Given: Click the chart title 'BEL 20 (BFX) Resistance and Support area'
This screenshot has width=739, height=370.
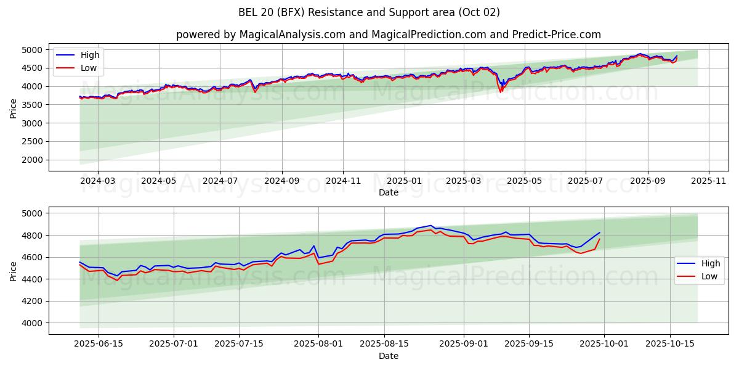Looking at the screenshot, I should coord(369,12).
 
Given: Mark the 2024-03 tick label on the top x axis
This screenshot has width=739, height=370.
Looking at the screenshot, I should coord(99,181).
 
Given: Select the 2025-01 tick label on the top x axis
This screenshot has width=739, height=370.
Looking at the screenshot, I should coord(405,181).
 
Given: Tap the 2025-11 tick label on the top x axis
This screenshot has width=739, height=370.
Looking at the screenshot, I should coord(709,181).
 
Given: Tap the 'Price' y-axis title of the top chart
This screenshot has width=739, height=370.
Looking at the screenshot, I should coord(14,108).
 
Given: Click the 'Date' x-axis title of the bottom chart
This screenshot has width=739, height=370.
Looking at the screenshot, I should coord(388,356).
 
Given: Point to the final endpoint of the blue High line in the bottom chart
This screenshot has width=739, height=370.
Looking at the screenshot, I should coord(599,232).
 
